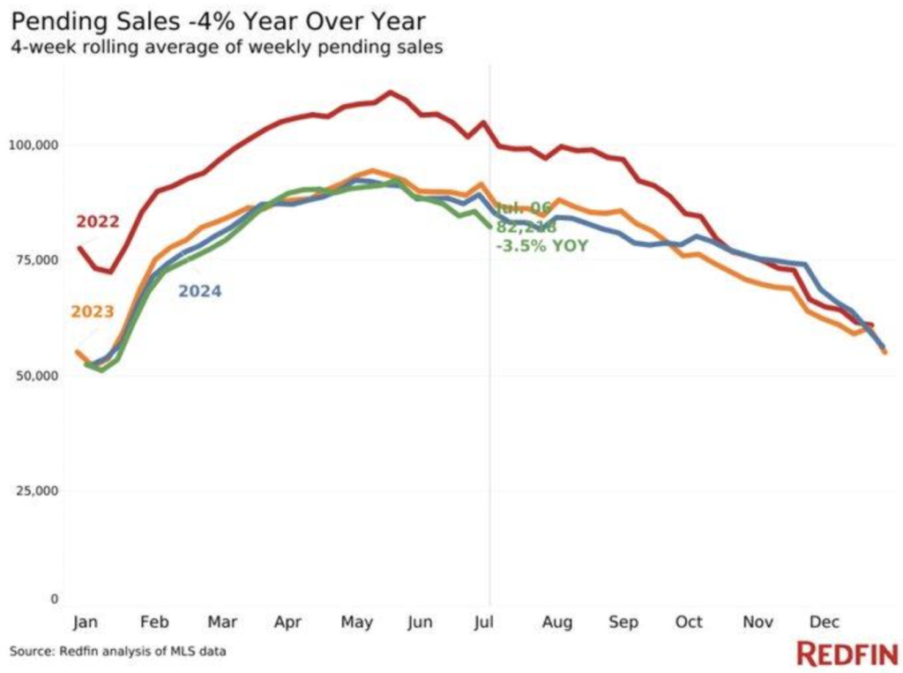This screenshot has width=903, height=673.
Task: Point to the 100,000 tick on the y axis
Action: point(34,144)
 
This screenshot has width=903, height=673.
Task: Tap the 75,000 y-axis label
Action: point(37,259)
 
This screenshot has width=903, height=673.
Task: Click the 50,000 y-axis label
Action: point(37,375)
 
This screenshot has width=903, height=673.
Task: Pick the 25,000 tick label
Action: point(37,490)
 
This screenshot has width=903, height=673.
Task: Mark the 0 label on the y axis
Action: point(54,599)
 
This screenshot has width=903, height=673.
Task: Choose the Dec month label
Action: point(825,622)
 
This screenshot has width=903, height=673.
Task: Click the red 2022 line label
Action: point(97,221)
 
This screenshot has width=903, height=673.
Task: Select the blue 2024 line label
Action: point(200,291)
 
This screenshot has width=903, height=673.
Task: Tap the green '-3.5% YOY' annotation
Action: point(542,245)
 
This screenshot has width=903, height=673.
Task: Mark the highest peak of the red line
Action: point(391,92)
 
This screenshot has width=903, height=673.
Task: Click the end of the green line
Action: point(490,227)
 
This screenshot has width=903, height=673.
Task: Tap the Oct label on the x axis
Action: point(689,622)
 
